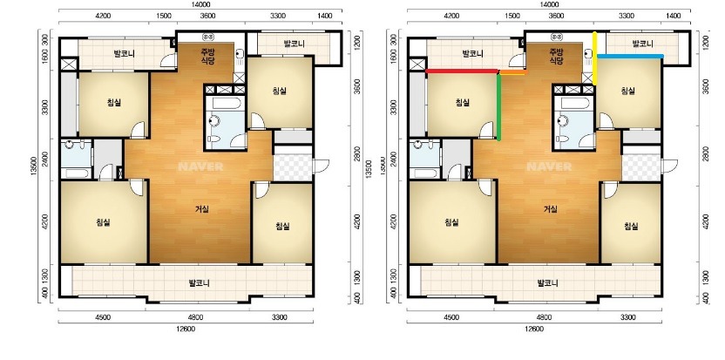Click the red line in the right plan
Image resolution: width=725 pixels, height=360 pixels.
[x=462, y=71]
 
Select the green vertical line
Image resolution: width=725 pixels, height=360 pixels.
[x=499, y=106]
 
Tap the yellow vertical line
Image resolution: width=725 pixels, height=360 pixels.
[x=595, y=58]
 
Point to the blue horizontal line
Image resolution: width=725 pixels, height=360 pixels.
[x=630, y=56]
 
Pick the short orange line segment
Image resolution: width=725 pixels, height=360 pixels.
[x=513, y=72]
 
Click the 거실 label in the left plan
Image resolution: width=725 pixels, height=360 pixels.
[x=201, y=209]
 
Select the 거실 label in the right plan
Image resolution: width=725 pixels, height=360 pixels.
[x=550, y=209]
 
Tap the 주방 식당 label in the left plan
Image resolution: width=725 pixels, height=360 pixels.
[x=208, y=56]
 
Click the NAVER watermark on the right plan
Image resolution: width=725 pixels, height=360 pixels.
[x=549, y=166]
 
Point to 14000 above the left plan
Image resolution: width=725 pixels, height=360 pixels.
[x=200, y=4]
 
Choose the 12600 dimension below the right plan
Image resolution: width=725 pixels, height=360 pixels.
[x=534, y=329]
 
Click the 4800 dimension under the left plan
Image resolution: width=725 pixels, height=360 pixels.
[x=195, y=317]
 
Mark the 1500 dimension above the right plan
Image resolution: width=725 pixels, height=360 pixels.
[x=512, y=16]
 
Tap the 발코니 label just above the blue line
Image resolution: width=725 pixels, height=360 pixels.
[x=643, y=44]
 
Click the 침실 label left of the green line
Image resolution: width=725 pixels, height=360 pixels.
[x=463, y=102]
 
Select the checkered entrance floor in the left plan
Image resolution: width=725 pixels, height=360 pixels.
[x=293, y=167]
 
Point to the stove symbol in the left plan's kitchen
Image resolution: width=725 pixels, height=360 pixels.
[x=208, y=36]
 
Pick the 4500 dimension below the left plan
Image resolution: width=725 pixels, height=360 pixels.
[x=103, y=317]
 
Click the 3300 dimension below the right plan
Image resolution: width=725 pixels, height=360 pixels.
[x=628, y=317]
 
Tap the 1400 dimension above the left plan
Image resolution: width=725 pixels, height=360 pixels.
[x=325, y=16]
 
